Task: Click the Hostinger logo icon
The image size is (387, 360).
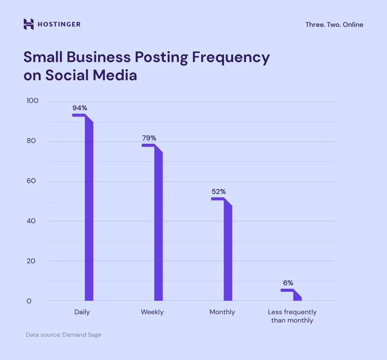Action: click(x=29, y=24)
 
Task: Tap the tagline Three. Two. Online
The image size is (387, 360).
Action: click(x=334, y=24)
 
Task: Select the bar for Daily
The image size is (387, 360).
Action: click(x=89, y=211)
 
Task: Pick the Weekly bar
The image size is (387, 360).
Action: click(x=158, y=225)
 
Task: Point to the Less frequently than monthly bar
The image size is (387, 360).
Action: click(x=297, y=296)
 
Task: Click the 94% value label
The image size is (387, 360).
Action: click(x=80, y=108)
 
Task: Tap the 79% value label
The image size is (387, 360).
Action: click(x=149, y=138)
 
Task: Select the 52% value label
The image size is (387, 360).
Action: click(x=218, y=192)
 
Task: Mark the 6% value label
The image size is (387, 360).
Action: click(x=288, y=283)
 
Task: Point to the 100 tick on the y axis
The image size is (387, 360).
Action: click(x=32, y=101)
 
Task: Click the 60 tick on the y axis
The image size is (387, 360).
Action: click(x=31, y=181)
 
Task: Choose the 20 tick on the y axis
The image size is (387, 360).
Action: click(x=31, y=261)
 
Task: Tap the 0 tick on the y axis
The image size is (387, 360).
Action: click(x=29, y=301)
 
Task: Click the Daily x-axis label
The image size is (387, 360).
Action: click(x=82, y=312)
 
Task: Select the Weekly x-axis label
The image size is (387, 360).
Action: click(x=152, y=312)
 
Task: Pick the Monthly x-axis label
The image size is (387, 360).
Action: click(x=222, y=312)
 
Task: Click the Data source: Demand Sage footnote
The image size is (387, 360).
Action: click(x=63, y=335)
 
